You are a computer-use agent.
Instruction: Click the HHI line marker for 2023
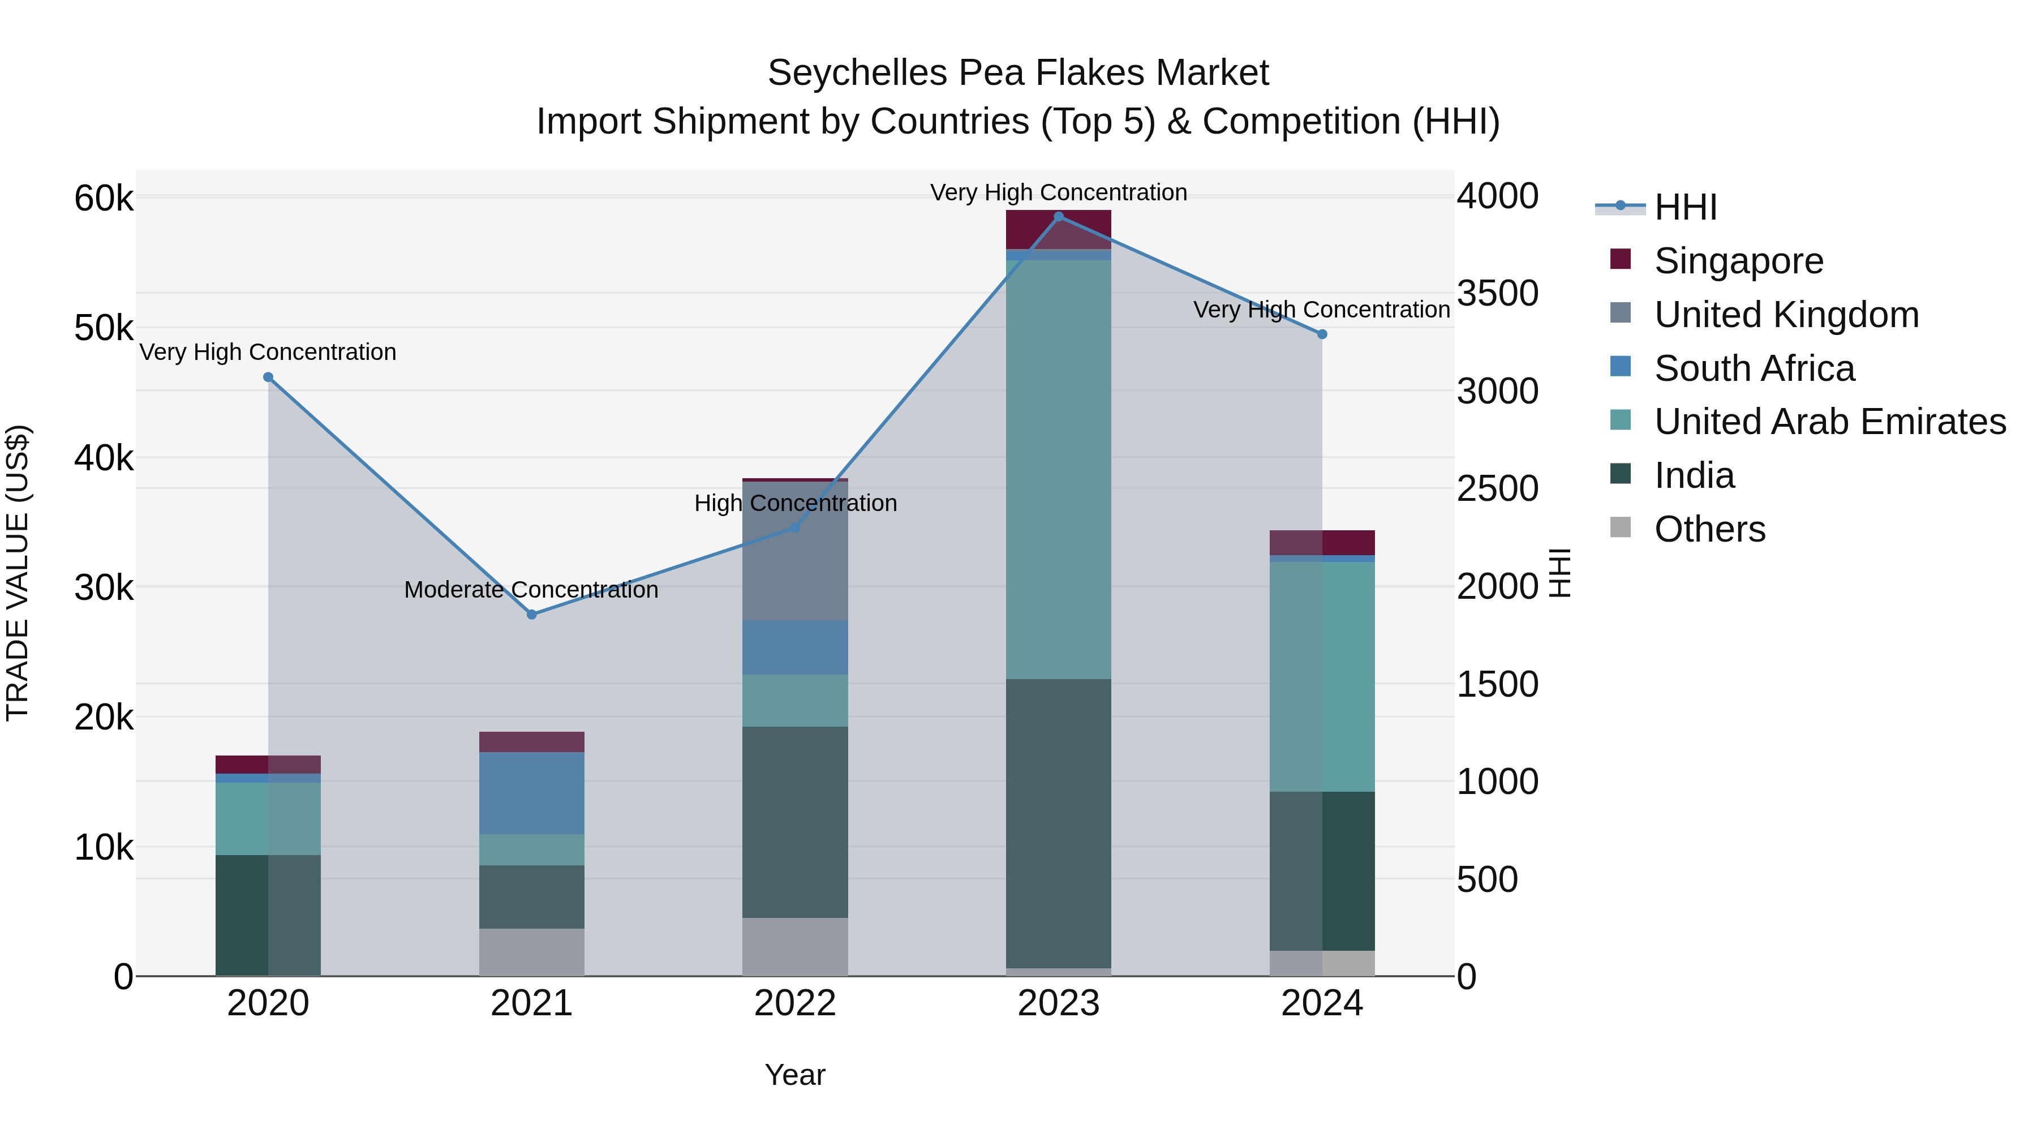click(1058, 217)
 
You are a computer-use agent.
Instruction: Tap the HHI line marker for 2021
click(531, 615)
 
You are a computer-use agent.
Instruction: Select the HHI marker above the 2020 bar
click(268, 377)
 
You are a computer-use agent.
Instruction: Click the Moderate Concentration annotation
click(531, 590)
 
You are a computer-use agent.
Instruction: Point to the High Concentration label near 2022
click(795, 503)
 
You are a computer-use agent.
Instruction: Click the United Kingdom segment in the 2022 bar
click(795, 551)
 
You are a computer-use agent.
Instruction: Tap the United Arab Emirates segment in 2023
click(1058, 469)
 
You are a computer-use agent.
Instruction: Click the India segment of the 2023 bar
click(1058, 822)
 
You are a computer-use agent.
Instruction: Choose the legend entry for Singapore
click(1738, 261)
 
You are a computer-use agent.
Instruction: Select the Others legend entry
click(1709, 529)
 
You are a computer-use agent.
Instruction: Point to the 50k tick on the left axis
click(104, 328)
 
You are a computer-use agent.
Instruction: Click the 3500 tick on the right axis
click(1497, 293)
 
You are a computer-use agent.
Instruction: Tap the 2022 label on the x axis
click(795, 1003)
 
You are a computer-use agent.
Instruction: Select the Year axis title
click(795, 1075)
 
